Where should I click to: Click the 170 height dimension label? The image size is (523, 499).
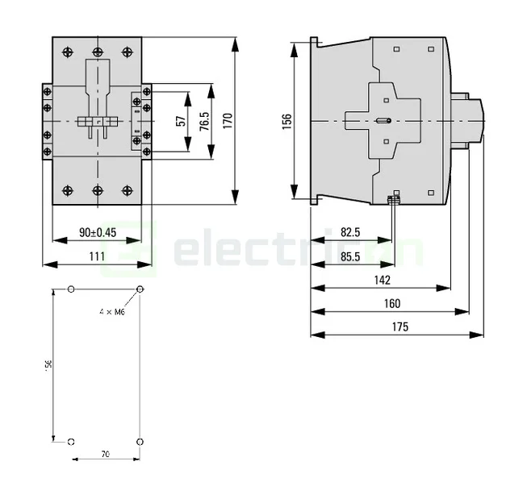point(228,120)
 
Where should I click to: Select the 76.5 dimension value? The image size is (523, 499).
point(205,121)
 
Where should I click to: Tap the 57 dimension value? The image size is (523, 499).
point(181,121)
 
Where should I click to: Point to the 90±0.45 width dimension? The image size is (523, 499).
point(98,232)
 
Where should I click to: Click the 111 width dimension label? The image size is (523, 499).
point(97,256)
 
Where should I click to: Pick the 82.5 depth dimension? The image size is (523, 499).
point(350,232)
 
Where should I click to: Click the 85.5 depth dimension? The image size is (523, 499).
point(350,256)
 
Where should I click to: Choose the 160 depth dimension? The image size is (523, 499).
point(392,303)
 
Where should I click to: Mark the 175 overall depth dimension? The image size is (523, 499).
point(399,326)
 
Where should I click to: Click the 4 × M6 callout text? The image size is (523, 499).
point(113,311)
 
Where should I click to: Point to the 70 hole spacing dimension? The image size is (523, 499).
point(106,455)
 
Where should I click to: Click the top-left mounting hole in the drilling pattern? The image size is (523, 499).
point(72,289)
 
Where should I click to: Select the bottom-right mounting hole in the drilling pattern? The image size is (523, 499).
point(140,441)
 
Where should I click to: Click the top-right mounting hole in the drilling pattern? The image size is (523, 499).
point(140,289)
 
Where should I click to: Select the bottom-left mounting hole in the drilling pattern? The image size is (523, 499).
point(72,441)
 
